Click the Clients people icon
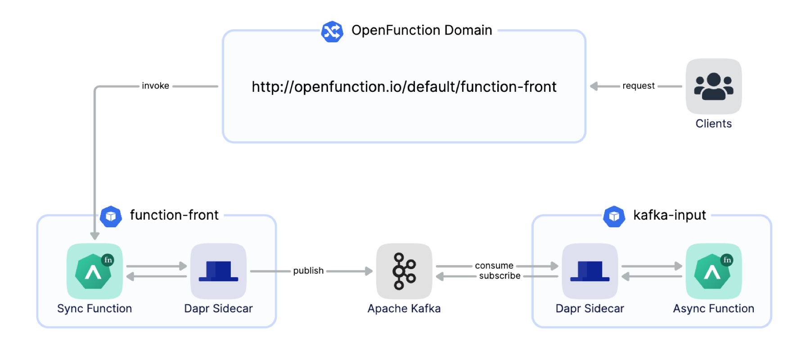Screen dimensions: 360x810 click(714, 86)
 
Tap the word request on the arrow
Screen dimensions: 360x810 click(638, 86)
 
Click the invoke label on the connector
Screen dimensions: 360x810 click(155, 86)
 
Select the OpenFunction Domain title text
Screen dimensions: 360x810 click(422, 30)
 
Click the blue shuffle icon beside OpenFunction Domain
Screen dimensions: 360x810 click(332, 31)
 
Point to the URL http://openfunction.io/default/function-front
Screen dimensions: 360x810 click(404, 86)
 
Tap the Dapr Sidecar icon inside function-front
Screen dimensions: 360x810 click(218, 271)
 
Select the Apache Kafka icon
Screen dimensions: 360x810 click(404, 271)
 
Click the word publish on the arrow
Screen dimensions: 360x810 click(308, 271)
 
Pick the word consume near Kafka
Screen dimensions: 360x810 click(494, 265)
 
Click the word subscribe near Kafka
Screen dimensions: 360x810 click(499, 276)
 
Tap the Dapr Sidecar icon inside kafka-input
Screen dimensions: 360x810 click(589, 271)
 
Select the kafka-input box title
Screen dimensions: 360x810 click(669, 215)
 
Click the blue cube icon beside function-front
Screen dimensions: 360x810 click(111, 216)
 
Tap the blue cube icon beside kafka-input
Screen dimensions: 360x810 click(614, 216)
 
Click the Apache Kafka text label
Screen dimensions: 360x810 click(404, 309)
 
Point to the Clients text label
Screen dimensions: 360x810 click(713, 124)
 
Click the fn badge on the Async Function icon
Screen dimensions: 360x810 click(727, 260)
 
